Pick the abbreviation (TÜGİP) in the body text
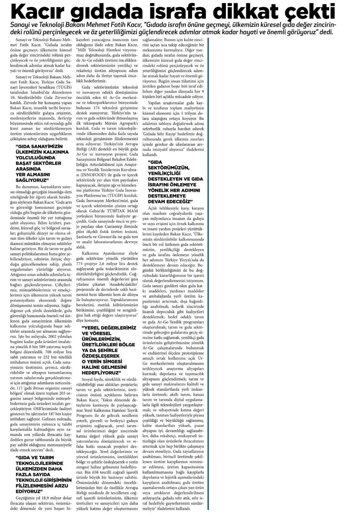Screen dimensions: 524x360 114,195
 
